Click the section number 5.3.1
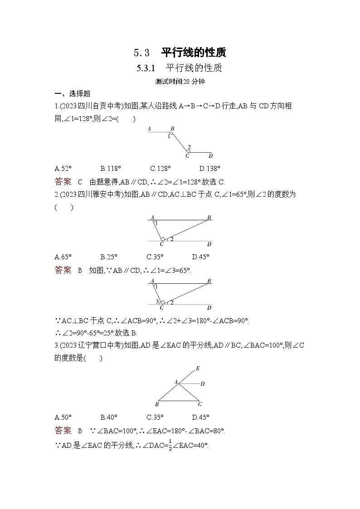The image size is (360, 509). click(146, 68)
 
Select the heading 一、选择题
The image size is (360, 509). click(73, 93)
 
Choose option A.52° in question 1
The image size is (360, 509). click(63, 169)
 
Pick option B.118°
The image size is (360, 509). click(111, 169)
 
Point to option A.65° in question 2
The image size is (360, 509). click(63, 257)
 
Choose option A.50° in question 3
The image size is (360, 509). click(63, 417)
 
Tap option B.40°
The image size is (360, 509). click(109, 417)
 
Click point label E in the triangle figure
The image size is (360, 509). click(198, 368)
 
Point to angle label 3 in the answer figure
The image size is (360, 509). click(157, 301)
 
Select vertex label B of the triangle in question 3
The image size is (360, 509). click(157, 404)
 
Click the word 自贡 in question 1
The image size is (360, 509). click(98, 106)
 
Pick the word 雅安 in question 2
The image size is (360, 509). click(98, 194)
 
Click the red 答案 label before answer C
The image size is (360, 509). click(63, 182)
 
